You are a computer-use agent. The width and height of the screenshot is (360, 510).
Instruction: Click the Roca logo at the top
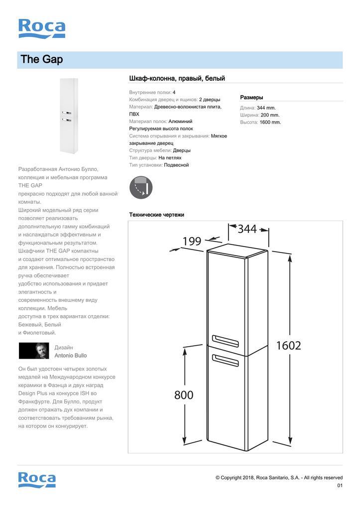(x=41, y=28)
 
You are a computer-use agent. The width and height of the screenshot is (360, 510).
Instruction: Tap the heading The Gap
(x=42, y=60)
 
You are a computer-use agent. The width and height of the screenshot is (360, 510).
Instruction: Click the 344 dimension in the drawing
(x=247, y=229)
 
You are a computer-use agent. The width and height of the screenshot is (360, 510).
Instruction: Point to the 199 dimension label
(x=192, y=242)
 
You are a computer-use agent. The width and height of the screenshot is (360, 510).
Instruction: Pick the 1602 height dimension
(x=289, y=345)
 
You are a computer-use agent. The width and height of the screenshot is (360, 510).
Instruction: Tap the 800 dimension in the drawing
(x=184, y=395)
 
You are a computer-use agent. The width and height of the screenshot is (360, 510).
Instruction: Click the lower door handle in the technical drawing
(x=225, y=358)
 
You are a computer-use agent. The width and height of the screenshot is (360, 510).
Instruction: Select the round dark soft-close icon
(x=141, y=187)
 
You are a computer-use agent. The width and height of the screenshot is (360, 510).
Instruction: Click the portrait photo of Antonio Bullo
(x=34, y=351)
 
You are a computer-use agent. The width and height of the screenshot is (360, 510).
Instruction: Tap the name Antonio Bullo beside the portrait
(x=70, y=356)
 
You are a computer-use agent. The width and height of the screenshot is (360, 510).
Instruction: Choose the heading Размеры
(x=251, y=98)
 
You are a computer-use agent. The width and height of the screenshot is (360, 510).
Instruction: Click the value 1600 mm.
(x=270, y=122)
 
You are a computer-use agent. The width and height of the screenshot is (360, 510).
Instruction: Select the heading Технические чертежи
(x=156, y=215)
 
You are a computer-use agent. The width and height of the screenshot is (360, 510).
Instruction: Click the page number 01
(x=340, y=486)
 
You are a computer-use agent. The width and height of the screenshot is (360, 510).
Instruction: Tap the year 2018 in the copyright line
(x=248, y=478)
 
